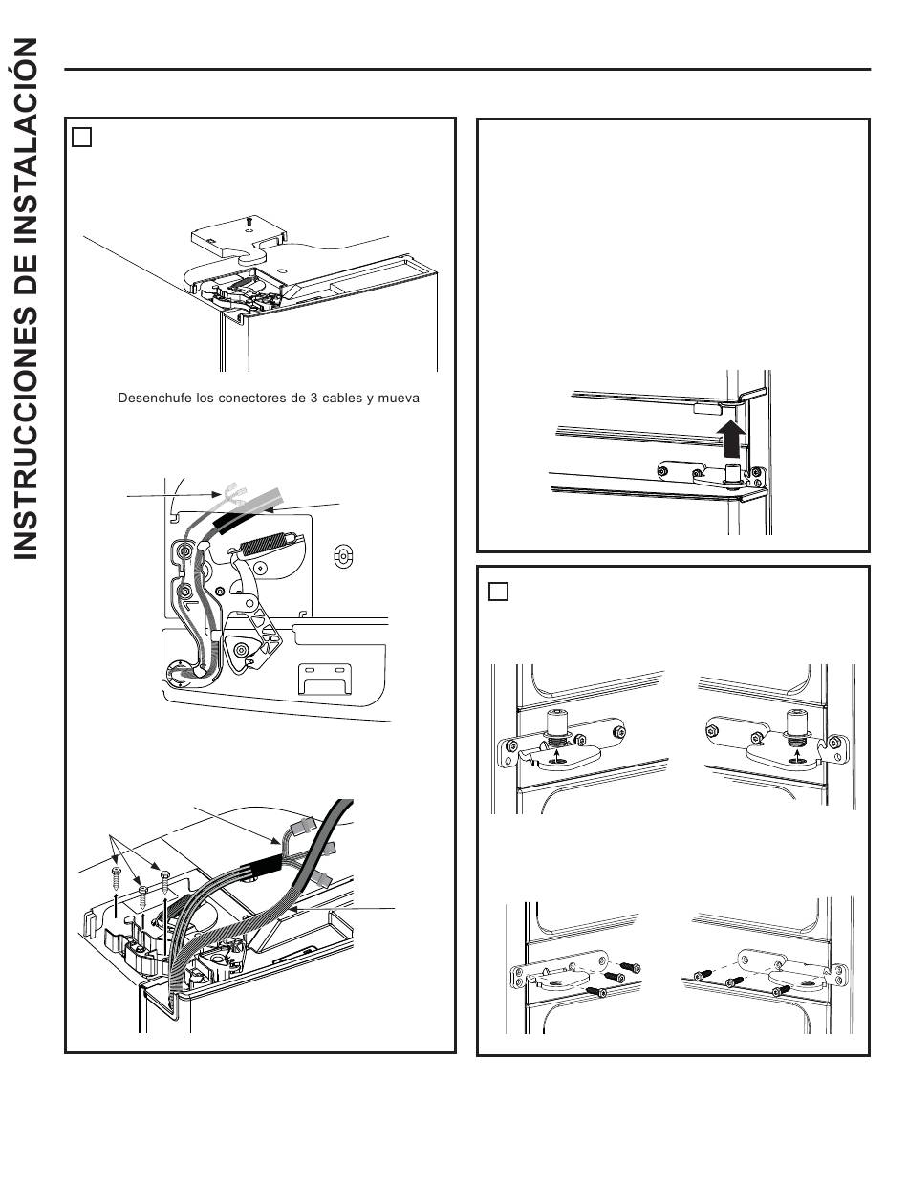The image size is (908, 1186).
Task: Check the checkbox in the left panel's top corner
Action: pyautogui.click(x=82, y=138)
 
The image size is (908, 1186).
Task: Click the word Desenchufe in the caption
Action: pyautogui.click(x=151, y=398)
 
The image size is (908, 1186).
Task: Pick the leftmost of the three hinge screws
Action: pyautogui.click(x=116, y=874)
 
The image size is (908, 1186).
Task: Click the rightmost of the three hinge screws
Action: pyautogui.click(x=165, y=877)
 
